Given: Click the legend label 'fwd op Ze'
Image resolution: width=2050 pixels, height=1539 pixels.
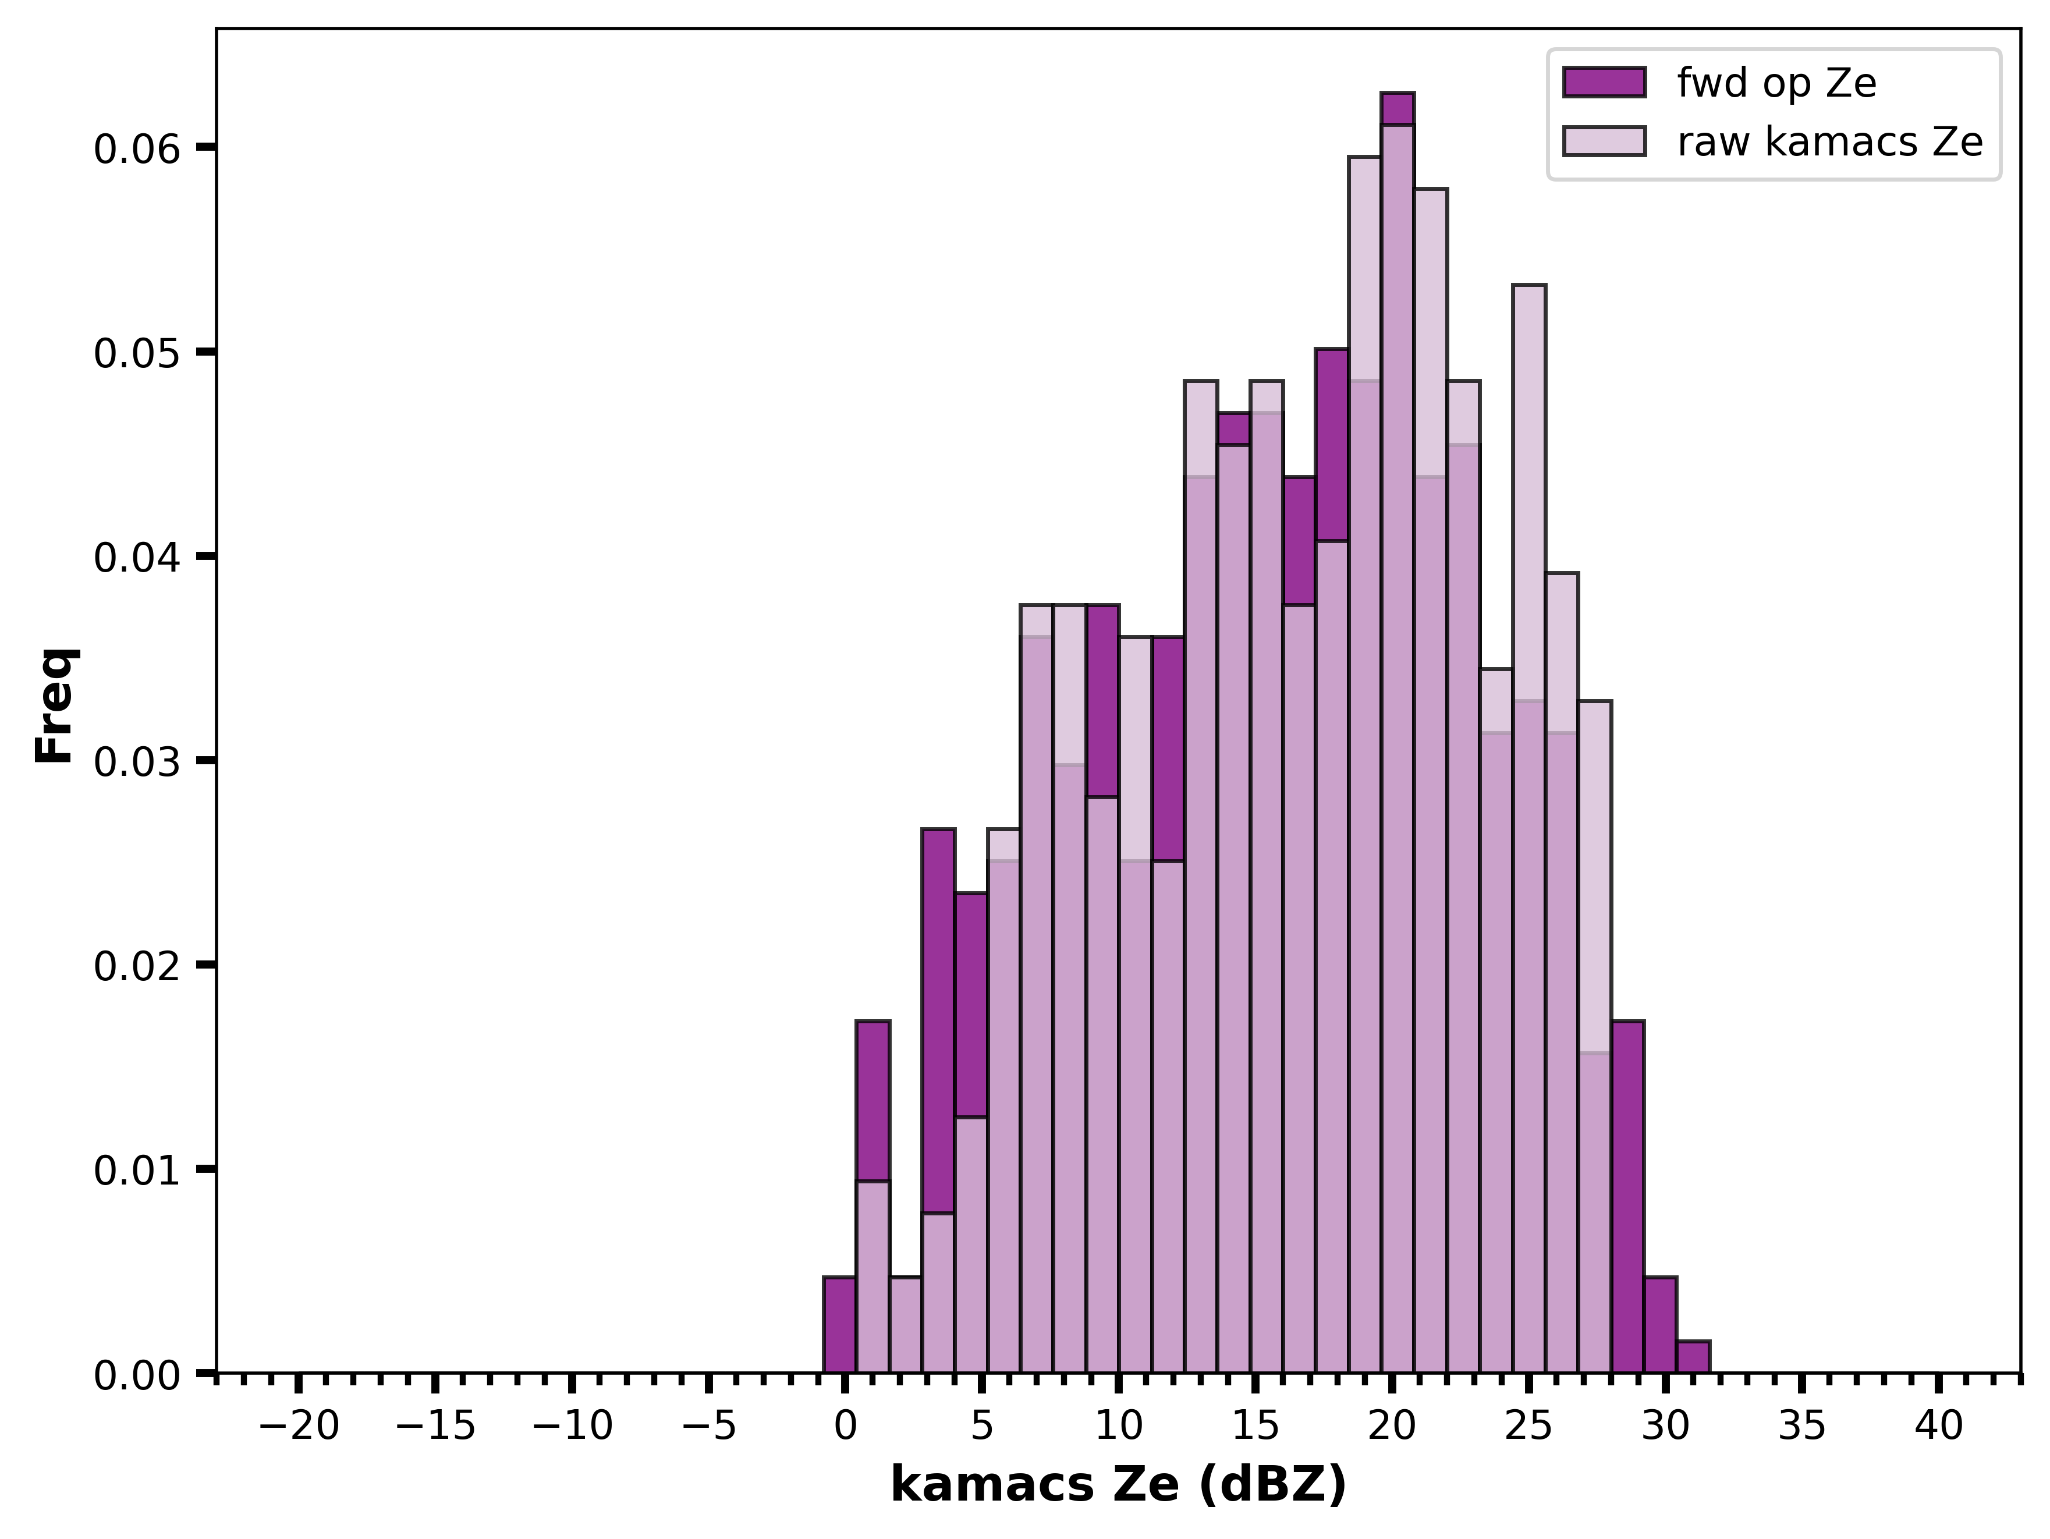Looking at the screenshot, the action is pos(1776,83).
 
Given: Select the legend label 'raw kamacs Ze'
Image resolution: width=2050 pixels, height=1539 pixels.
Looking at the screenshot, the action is pos(1831,142).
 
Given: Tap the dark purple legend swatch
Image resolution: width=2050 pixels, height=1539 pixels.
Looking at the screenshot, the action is pos(1604,83).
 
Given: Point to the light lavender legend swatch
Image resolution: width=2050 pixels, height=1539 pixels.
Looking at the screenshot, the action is pos(1604,141).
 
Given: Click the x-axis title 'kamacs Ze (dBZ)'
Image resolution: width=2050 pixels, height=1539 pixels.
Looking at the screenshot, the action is pos(1119,1485).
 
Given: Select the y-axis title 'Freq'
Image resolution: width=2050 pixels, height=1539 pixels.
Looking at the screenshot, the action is pos(56,705).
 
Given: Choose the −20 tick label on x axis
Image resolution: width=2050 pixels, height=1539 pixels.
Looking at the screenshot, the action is pos(299,1427).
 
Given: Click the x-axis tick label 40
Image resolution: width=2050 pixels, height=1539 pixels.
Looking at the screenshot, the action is pos(1939,1427).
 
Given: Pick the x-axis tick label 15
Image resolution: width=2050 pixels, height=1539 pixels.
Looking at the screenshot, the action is pos(1255,1427).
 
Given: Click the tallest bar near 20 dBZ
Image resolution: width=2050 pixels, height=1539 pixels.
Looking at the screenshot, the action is pos(1398,732).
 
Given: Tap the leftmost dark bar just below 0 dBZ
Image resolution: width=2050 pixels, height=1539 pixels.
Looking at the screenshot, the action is pos(840,1325).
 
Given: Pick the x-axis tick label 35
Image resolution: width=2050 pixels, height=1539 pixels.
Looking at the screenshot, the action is pos(1803,1427).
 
